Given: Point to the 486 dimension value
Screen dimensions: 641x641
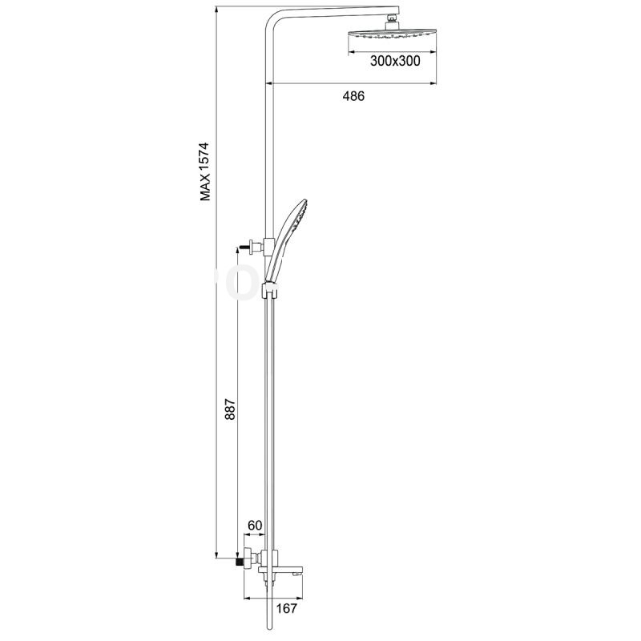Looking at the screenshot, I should pyautogui.click(x=353, y=96).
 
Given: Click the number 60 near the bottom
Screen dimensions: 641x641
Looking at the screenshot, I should pyautogui.click(x=256, y=526).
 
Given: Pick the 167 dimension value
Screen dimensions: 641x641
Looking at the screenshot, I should pyautogui.click(x=287, y=609).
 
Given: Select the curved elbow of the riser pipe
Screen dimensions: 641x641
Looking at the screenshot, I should pyautogui.click(x=272, y=24).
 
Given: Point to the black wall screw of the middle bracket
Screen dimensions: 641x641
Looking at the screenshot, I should pyautogui.click(x=243, y=244).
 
